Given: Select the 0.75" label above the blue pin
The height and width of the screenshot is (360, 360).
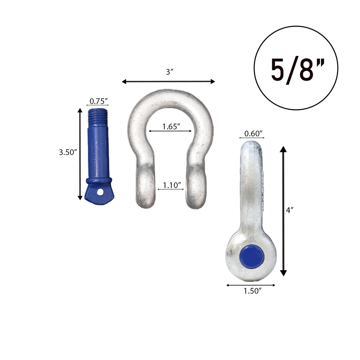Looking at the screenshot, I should [98, 101].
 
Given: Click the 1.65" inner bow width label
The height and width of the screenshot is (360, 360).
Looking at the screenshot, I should [171, 127].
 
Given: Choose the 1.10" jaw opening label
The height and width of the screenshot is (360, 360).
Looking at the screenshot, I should [172, 185].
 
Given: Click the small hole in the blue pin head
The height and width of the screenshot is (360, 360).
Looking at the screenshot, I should [101, 192].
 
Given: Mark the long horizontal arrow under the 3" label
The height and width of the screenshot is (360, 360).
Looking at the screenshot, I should [168, 82].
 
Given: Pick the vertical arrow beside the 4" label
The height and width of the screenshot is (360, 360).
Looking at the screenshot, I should [283, 211].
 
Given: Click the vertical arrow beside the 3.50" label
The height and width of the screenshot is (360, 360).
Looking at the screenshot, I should [80, 154].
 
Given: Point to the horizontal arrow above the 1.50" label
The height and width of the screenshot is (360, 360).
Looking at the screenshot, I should [251, 285].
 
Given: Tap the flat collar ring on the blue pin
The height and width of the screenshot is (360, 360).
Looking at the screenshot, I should [99, 180].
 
